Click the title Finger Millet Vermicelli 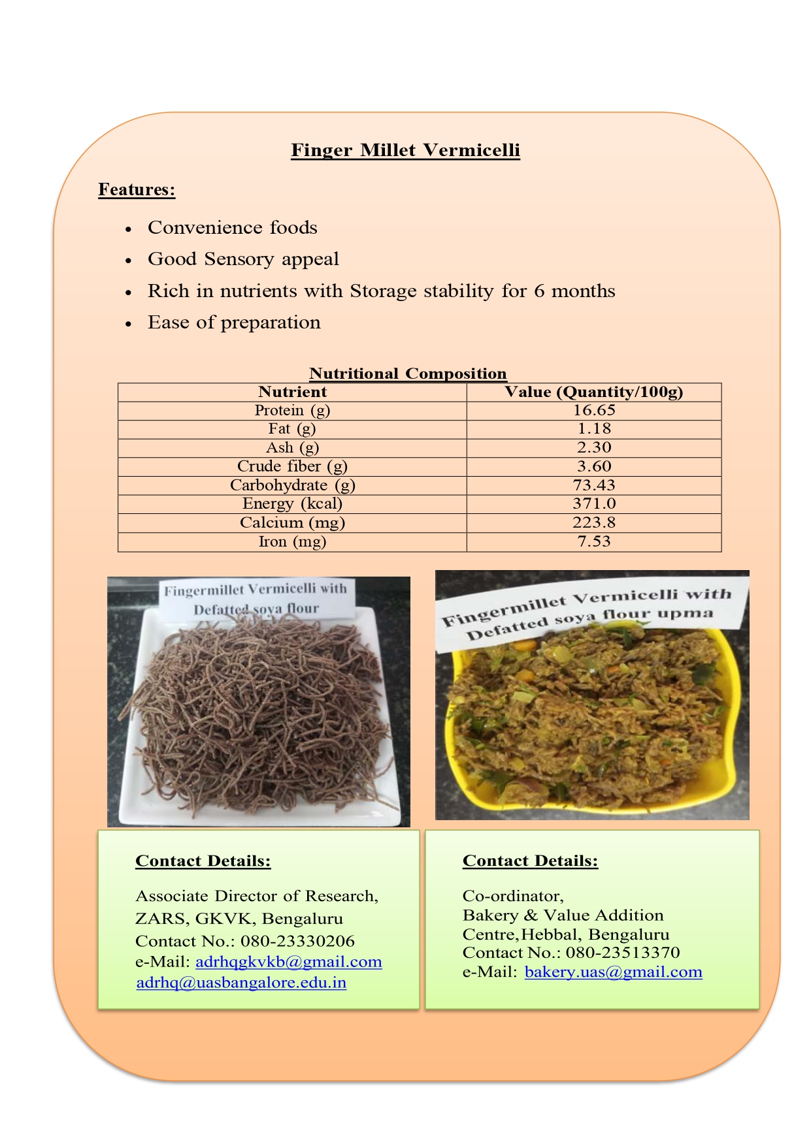click(405, 150)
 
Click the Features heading click(137, 189)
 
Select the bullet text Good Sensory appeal click(243, 259)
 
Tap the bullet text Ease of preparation click(234, 323)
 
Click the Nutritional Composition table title click(408, 374)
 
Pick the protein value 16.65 click(594, 411)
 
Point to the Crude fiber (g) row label click(292, 466)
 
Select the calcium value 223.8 click(594, 522)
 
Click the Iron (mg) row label click(292, 541)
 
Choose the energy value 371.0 click(594, 503)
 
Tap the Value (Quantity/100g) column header click(593, 392)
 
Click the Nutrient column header click(292, 392)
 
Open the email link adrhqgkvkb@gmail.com click(288, 962)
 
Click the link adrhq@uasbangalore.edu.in click(241, 983)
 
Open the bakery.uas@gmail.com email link click(613, 972)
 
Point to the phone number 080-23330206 click(297, 941)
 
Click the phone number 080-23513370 click(623, 953)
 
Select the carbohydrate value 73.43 click(594, 485)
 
